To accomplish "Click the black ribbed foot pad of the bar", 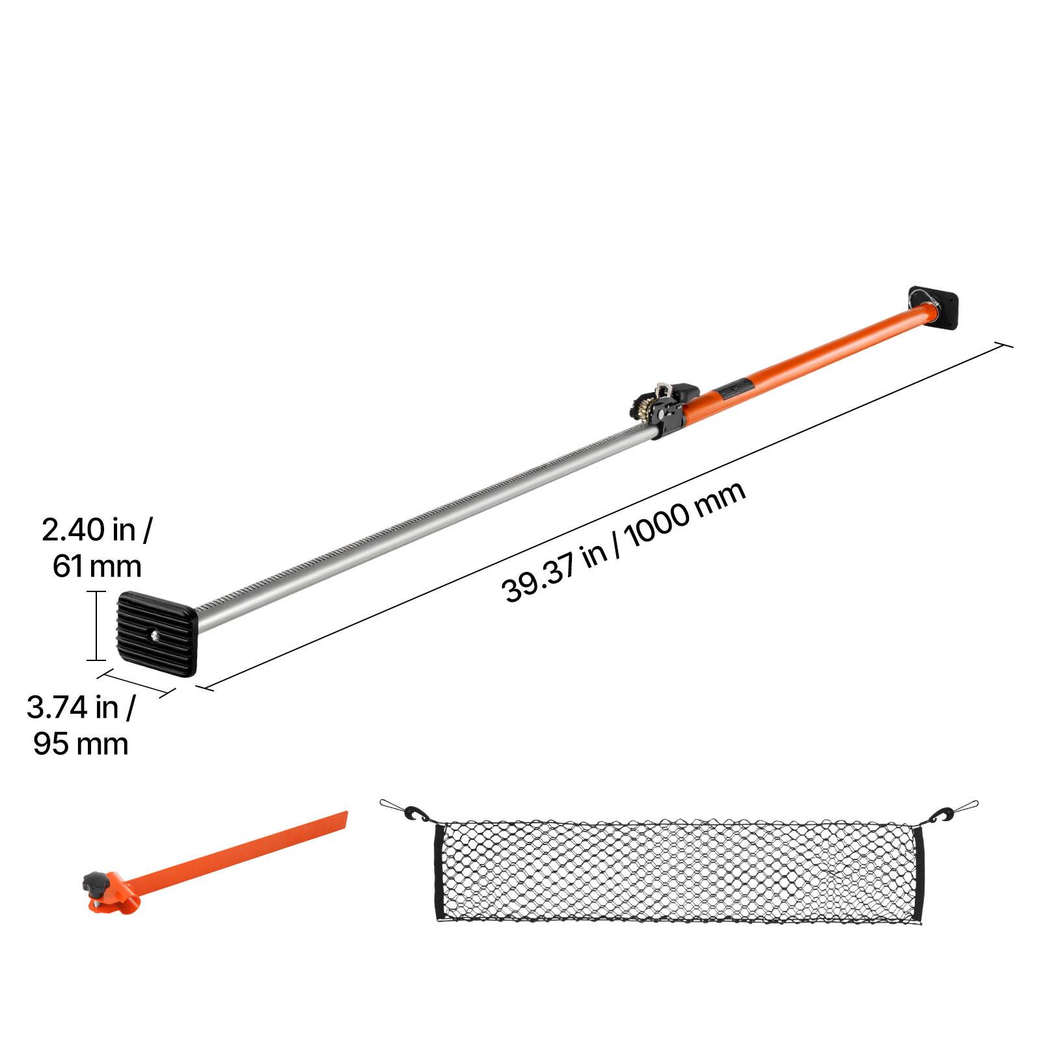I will (x=157, y=634).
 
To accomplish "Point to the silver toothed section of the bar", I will (x=423, y=527).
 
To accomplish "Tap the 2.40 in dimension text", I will (x=96, y=530).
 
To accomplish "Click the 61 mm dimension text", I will (x=97, y=566).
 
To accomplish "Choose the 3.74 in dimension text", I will (x=81, y=708).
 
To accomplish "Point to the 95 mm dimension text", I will (x=81, y=744).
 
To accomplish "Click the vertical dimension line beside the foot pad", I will (x=96, y=625).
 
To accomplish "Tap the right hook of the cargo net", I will (x=943, y=814).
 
